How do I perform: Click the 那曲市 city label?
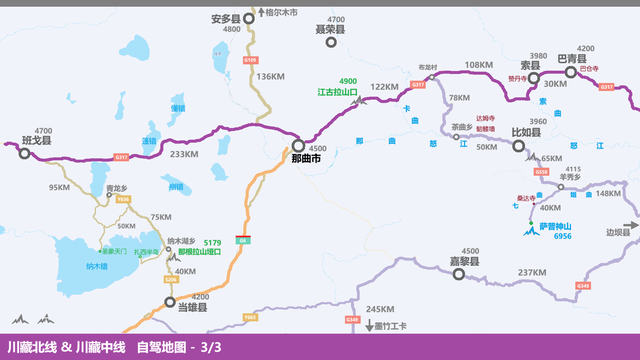(306, 158)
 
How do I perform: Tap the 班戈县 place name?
(36, 142)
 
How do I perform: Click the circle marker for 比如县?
(519, 145)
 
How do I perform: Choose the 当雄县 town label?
(192, 309)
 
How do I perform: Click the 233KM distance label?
(184, 154)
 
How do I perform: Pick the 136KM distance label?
(271, 76)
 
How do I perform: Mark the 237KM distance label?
(531, 272)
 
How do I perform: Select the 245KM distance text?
(380, 309)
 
